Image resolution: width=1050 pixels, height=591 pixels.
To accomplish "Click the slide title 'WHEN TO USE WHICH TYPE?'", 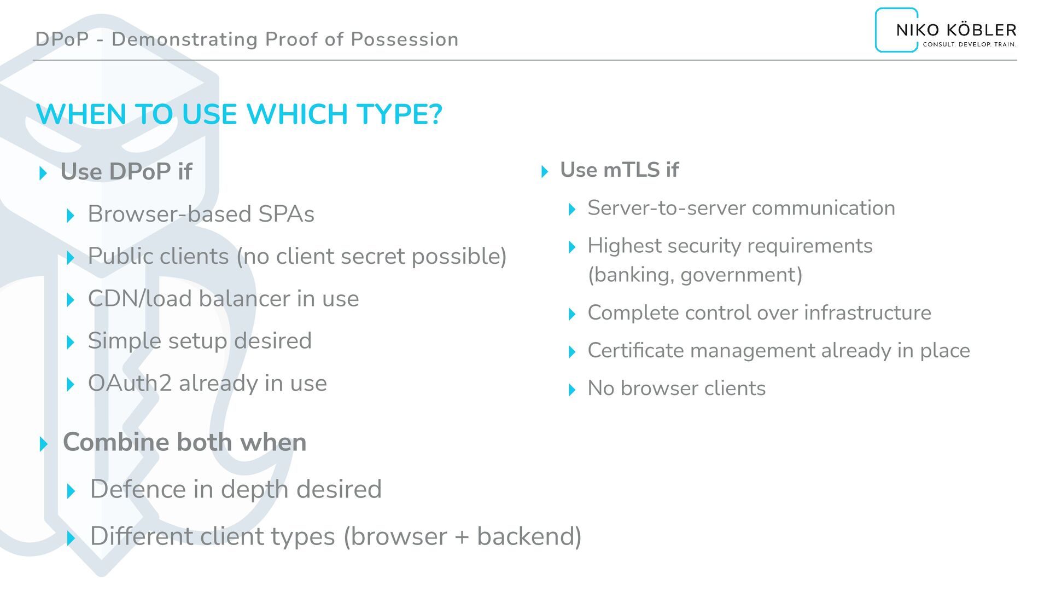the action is point(239,114).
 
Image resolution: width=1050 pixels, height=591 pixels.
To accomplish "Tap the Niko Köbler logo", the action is point(946,31).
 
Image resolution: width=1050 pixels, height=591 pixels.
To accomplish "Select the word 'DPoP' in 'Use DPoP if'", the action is point(139,172).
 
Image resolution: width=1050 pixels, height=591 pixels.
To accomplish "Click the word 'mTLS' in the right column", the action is point(631,170).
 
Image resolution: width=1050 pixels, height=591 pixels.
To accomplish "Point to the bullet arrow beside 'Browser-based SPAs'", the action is point(70,215).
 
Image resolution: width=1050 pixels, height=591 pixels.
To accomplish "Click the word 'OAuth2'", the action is point(130,383).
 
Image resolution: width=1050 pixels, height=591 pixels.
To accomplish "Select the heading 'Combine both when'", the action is point(184,442).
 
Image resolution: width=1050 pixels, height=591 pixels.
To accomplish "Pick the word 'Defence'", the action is point(137,489).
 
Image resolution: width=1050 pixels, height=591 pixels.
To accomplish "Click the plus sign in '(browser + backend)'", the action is point(462,537).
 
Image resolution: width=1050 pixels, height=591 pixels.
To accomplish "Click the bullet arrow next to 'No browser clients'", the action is point(572,390).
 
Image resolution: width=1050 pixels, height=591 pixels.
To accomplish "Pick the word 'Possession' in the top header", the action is point(404,39).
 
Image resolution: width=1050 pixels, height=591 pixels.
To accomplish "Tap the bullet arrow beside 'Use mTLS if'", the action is point(544,171).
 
